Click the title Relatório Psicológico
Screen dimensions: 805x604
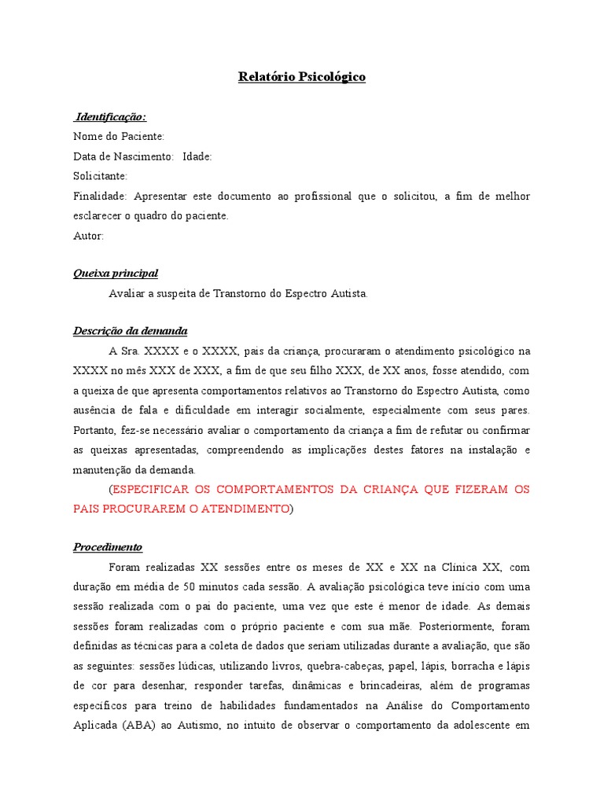pyautogui.click(x=302, y=77)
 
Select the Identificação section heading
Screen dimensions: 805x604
pyautogui.click(x=110, y=117)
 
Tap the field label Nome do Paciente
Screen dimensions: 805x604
pyautogui.click(x=118, y=137)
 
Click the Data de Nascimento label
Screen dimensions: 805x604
pyautogui.click(x=123, y=156)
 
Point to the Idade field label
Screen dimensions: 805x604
pyautogui.click(x=197, y=156)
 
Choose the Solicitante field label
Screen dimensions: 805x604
pyautogui.click(x=100, y=176)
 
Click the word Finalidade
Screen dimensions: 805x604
pyautogui.click(x=98, y=196)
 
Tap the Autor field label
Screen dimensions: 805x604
pyautogui.click(x=88, y=235)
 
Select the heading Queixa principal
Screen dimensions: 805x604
pyautogui.click(x=116, y=274)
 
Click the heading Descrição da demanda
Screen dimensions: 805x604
pyautogui.click(x=130, y=331)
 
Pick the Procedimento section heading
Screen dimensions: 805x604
pyautogui.click(x=108, y=547)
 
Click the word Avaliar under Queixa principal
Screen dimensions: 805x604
pyautogui.click(x=127, y=293)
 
